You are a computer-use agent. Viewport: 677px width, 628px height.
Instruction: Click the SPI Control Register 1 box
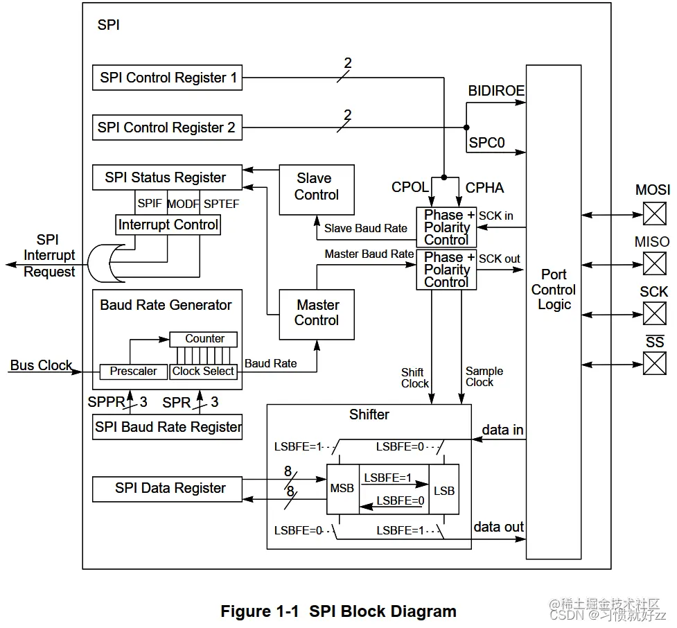click(x=168, y=78)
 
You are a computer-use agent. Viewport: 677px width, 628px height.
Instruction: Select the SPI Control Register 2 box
click(x=167, y=128)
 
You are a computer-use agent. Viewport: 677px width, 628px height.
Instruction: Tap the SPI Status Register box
click(x=166, y=177)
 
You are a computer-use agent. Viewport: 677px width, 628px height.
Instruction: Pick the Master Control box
click(x=317, y=314)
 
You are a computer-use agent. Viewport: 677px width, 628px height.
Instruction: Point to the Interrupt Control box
click(x=168, y=225)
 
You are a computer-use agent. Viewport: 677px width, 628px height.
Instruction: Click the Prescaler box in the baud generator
click(x=134, y=372)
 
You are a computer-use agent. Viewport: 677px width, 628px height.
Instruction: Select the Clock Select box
click(x=204, y=372)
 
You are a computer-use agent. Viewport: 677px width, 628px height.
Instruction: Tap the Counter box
click(x=204, y=339)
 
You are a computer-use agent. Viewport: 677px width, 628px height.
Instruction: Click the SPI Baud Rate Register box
click(x=168, y=427)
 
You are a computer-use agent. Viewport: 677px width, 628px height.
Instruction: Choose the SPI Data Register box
click(x=168, y=489)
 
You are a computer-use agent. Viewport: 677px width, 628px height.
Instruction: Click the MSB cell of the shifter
click(x=342, y=489)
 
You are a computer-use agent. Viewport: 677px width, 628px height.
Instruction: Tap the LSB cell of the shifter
click(x=443, y=490)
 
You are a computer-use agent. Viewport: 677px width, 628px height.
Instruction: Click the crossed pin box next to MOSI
click(x=654, y=214)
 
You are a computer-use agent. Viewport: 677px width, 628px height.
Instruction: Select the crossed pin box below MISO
click(x=654, y=263)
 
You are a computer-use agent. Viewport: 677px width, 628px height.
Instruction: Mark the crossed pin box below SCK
click(x=654, y=313)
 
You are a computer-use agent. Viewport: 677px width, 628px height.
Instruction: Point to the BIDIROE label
click(x=496, y=91)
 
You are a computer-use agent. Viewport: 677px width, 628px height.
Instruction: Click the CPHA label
click(x=485, y=188)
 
